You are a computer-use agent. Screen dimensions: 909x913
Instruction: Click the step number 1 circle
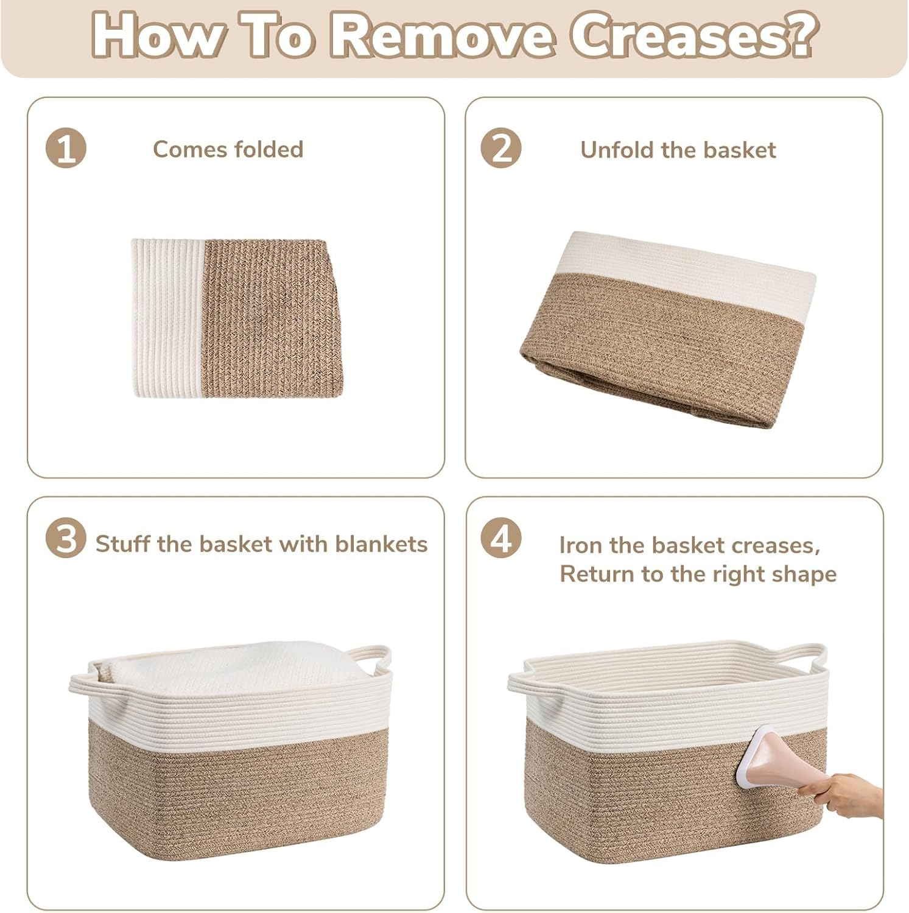coord(66,149)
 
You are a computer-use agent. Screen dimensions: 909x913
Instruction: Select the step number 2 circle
coord(501,149)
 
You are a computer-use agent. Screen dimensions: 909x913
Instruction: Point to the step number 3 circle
coord(66,539)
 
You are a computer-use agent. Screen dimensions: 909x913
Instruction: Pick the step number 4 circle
coord(501,539)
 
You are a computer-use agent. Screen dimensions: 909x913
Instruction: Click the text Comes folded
coord(228,149)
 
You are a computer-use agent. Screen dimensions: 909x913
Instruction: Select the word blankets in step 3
coord(381,544)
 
